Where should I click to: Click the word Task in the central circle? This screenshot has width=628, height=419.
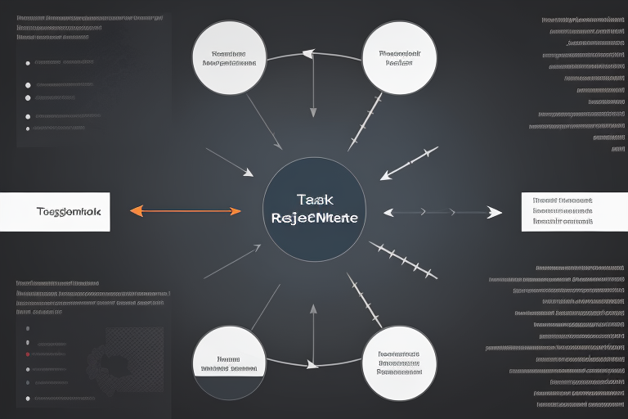click(x=315, y=199)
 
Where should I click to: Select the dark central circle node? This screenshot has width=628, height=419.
click(x=314, y=209)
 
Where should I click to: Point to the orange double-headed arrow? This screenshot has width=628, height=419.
click(x=186, y=211)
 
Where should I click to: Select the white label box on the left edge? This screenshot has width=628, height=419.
click(x=55, y=211)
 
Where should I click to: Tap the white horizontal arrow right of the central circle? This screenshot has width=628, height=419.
click(x=442, y=212)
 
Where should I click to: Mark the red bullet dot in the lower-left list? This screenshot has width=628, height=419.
click(x=28, y=355)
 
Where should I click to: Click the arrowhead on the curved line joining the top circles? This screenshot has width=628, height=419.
click(x=308, y=54)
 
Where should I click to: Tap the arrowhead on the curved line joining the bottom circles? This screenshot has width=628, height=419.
click(x=311, y=365)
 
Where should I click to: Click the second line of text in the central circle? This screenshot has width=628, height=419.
click(x=314, y=219)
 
